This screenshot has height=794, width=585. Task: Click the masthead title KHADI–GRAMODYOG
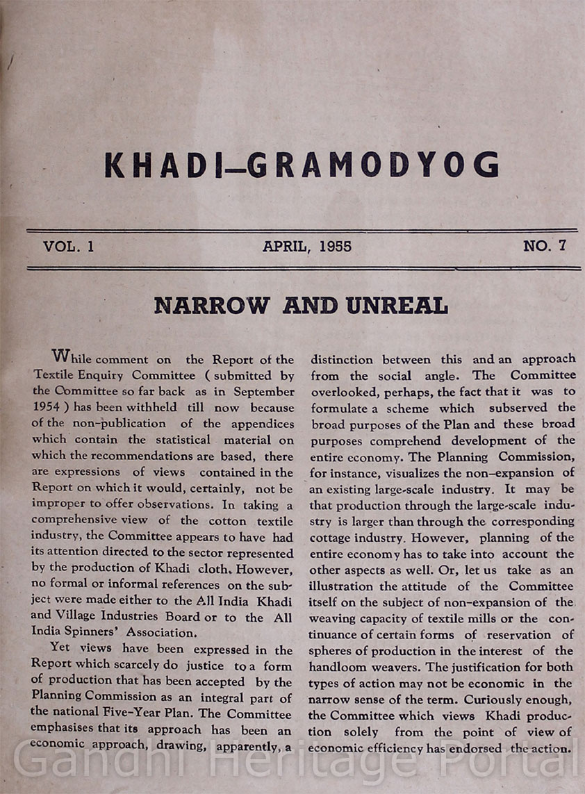pyautogui.click(x=302, y=165)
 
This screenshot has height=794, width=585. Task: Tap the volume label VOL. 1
pyautogui.click(x=68, y=247)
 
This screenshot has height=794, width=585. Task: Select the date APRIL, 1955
pyautogui.click(x=306, y=247)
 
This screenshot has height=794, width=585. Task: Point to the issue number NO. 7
pyautogui.click(x=545, y=246)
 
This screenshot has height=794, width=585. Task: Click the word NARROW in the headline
pyautogui.click(x=211, y=306)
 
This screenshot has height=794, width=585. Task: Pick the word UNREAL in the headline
pyautogui.click(x=399, y=306)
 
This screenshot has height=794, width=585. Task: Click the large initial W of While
pyautogui.click(x=61, y=357)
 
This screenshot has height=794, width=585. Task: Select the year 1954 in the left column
pyautogui.click(x=45, y=408)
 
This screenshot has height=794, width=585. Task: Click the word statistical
pyautogui.click(x=182, y=440)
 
